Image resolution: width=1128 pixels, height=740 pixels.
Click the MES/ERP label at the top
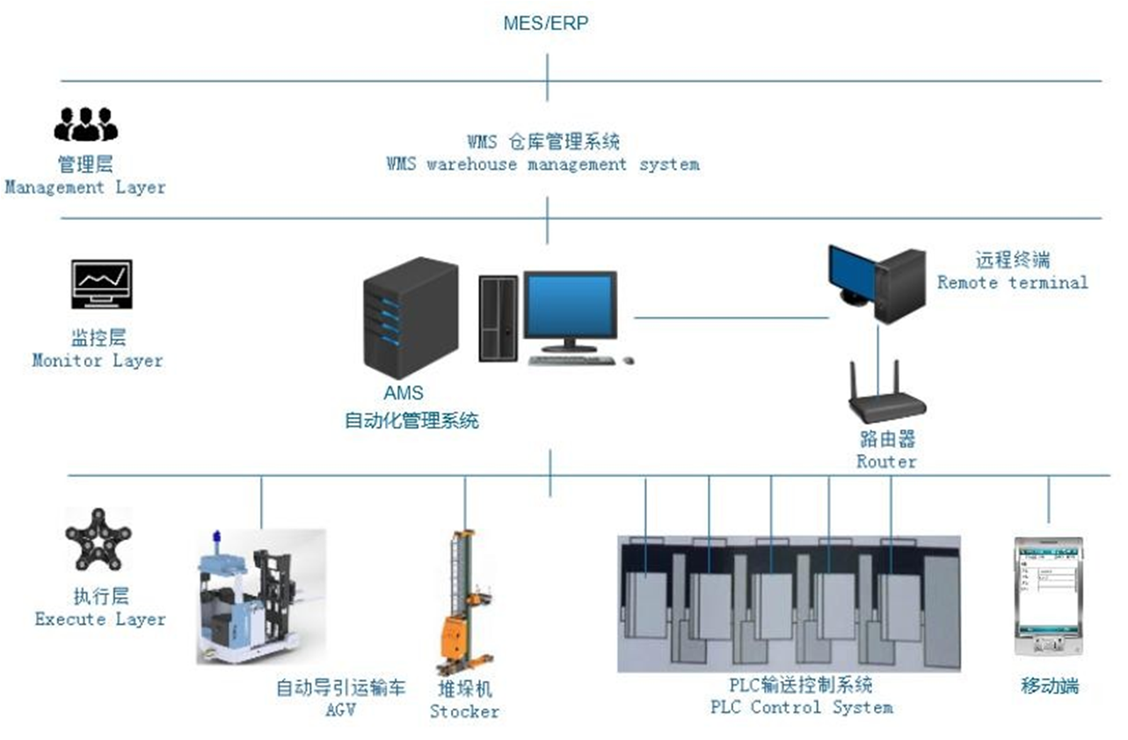click(x=545, y=24)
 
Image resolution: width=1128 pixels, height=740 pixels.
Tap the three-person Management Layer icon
click(x=85, y=124)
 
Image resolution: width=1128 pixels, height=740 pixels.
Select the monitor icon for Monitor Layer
click(x=102, y=283)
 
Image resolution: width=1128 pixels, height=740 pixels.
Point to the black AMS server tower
click(x=411, y=318)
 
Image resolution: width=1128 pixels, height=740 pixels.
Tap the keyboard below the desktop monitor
click(x=573, y=360)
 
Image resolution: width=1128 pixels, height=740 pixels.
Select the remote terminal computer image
click(x=876, y=282)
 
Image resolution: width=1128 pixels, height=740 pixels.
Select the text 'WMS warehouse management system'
click(x=542, y=165)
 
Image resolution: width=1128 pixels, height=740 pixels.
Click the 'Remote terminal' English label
click(x=1012, y=282)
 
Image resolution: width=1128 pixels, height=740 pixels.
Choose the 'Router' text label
click(x=886, y=461)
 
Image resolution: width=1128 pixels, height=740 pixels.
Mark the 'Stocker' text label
click(x=464, y=711)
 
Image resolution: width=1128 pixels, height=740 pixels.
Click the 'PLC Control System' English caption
click(x=801, y=707)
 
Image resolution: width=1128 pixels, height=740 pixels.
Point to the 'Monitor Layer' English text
click(x=98, y=360)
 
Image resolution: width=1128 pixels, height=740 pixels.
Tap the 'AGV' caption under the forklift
click(x=340, y=709)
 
